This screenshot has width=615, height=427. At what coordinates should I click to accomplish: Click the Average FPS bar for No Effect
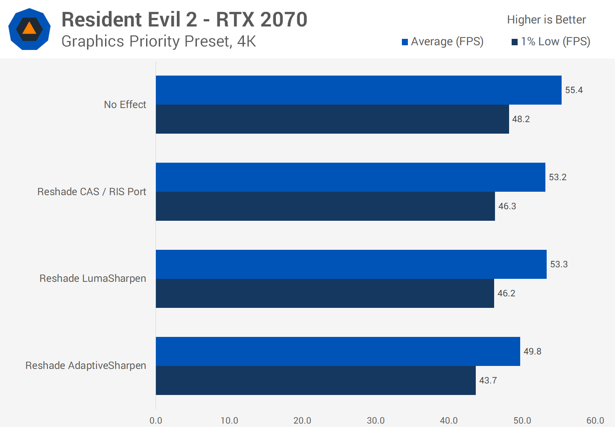tap(359, 90)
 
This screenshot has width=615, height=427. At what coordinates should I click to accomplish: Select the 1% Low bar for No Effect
tap(332, 119)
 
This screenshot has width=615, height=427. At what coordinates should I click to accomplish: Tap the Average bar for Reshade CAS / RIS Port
tap(350, 177)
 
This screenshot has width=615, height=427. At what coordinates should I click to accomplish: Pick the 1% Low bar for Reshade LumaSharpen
tap(325, 293)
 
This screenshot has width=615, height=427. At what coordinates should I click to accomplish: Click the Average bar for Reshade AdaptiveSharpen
tap(338, 351)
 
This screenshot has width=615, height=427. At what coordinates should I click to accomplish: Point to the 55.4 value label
tap(574, 90)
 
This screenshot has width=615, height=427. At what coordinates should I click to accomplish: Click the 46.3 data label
tap(507, 206)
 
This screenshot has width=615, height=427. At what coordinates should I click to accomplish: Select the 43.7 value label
tap(488, 380)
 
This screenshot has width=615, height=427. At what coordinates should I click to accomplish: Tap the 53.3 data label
tap(559, 264)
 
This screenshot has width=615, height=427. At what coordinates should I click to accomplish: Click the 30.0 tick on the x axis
tap(375, 421)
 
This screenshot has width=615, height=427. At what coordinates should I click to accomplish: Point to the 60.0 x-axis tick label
tap(595, 421)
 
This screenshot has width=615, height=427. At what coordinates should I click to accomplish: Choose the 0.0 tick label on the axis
tap(156, 421)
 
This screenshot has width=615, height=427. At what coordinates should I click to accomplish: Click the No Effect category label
tap(125, 105)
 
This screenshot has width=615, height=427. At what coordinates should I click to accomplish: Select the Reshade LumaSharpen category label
tap(93, 278)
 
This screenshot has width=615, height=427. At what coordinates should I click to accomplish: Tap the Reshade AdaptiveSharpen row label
tap(85, 366)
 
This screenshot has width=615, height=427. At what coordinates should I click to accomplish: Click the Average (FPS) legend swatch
tap(405, 42)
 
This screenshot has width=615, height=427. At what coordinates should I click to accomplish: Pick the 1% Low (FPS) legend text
tap(555, 41)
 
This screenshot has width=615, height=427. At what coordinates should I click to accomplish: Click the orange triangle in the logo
tap(29, 29)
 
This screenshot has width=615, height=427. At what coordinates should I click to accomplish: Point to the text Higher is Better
tap(546, 20)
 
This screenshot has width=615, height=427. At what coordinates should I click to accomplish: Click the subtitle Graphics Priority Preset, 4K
tap(158, 41)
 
